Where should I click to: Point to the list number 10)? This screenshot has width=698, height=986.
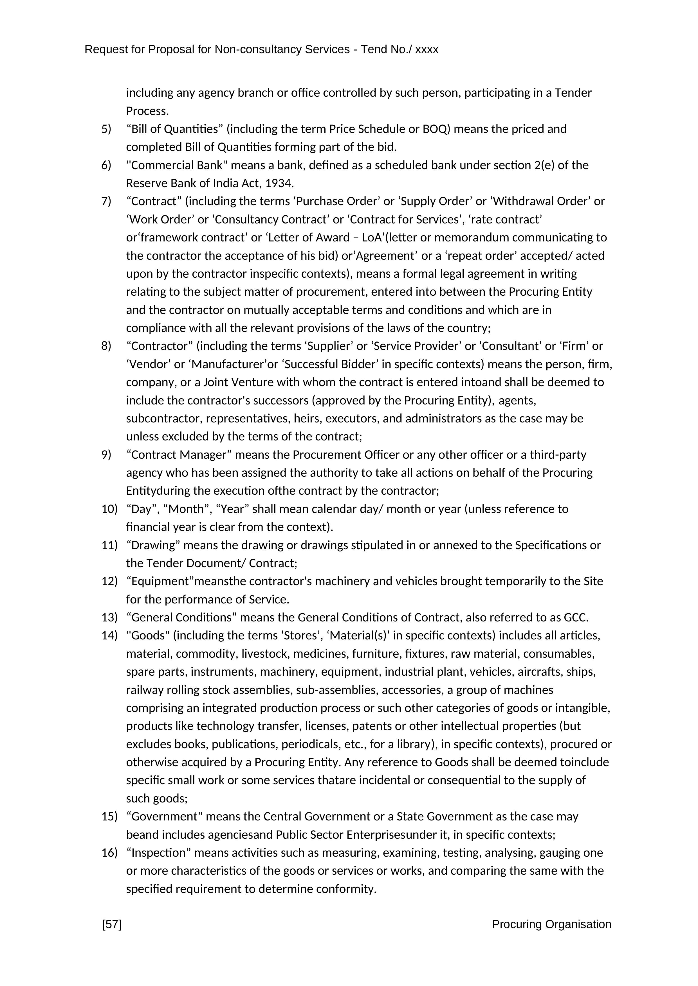point(109,509)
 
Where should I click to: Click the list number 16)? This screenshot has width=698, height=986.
point(109,852)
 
